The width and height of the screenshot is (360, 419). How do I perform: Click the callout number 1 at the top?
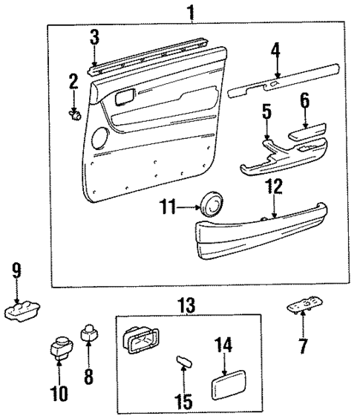click(x=192, y=11)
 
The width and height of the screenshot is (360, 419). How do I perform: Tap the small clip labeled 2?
click(x=74, y=114)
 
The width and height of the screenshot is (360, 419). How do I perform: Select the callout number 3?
click(x=94, y=36)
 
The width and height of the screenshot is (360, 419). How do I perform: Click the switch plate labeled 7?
click(x=304, y=308)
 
